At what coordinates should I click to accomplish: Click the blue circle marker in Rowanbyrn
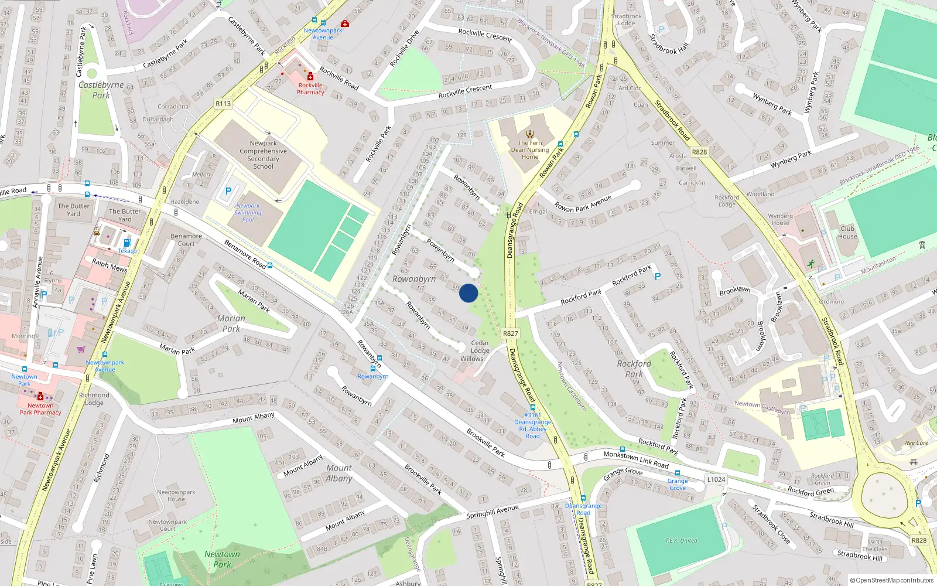[x=468, y=293]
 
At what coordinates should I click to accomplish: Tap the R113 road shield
[x=223, y=104]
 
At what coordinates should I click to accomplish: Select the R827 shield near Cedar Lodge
[x=510, y=333]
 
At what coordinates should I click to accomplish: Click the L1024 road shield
[x=716, y=479]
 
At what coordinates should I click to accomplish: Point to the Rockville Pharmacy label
[x=310, y=88]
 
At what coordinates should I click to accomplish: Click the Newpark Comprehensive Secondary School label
[x=263, y=155]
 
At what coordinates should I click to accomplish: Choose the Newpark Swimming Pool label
[x=248, y=212]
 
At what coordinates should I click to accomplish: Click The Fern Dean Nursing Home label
[x=530, y=149]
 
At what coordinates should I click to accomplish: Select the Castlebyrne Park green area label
[x=101, y=90]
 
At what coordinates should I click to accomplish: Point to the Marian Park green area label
[x=231, y=323]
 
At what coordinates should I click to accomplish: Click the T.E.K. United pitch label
[x=681, y=540]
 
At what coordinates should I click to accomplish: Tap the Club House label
[x=847, y=233]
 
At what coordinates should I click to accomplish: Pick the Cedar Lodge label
[x=480, y=347]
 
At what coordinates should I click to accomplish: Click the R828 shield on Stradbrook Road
[x=699, y=152]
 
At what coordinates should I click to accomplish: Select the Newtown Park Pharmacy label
[x=40, y=409]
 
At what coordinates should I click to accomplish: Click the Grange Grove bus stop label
[x=678, y=484]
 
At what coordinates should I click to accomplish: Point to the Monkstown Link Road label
[x=636, y=459]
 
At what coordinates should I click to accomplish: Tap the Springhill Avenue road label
[x=493, y=512]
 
